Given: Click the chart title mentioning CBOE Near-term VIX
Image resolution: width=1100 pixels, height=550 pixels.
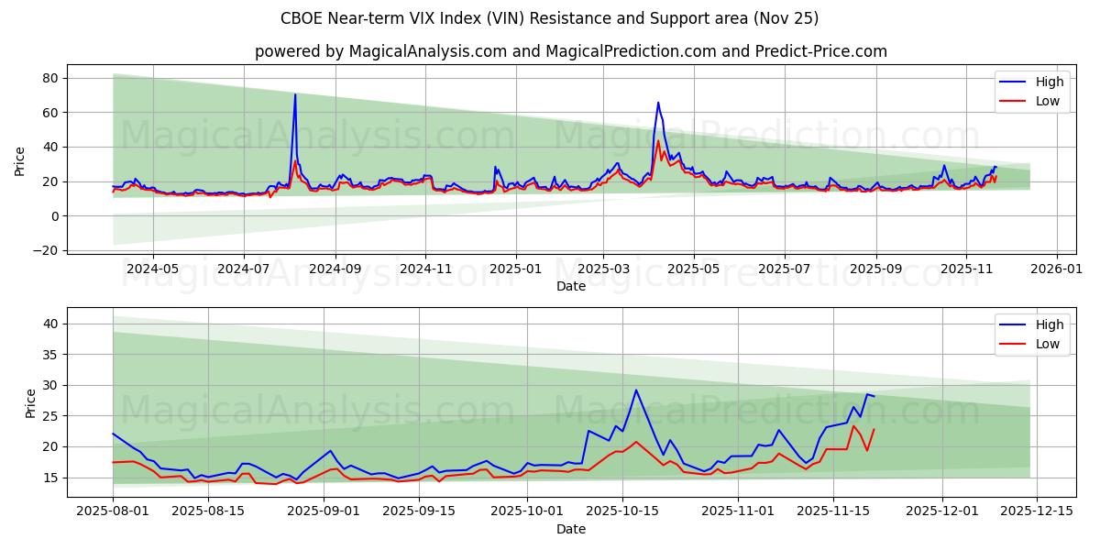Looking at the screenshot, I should point(550,18).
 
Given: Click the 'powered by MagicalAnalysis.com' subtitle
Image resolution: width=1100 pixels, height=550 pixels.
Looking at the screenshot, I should point(570,51).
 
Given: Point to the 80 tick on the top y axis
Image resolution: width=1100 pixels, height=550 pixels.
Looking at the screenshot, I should point(50,79).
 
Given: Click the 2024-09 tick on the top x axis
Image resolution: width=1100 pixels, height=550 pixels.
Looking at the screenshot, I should point(335,269).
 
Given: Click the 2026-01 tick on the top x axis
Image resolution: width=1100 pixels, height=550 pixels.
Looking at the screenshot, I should point(1057,269).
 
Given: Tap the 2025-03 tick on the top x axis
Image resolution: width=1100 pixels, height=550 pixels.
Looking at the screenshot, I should point(603,269).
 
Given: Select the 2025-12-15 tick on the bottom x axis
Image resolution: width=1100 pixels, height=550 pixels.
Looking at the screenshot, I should point(1037,511).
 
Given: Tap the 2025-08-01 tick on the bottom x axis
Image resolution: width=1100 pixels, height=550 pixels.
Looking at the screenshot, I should point(113,511).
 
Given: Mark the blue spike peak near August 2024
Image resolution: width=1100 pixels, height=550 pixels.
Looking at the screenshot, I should point(295,95).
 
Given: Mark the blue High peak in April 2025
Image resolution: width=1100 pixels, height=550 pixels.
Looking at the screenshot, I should point(657,103).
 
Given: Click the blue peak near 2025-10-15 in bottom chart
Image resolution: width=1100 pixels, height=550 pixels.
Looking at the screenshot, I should point(636,390).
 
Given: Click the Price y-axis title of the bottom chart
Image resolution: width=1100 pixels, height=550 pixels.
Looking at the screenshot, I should point(30,403).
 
